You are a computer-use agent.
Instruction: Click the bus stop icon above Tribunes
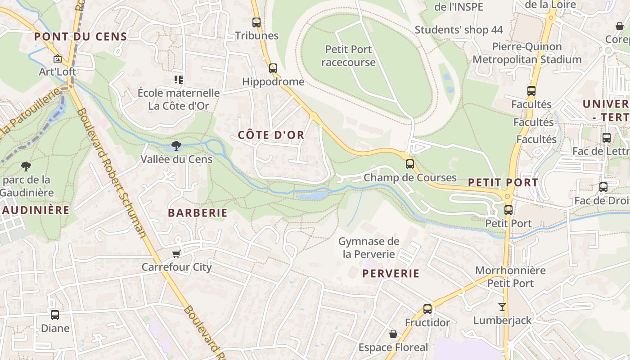[x=256, y=22]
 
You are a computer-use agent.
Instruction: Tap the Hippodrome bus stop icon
[x=273, y=68]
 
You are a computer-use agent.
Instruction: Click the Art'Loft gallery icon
[x=58, y=58]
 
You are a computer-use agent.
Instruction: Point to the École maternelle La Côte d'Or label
[x=179, y=99]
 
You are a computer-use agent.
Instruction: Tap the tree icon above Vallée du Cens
[x=176, y=145]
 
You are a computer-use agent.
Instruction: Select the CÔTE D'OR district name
[x=271, y=135]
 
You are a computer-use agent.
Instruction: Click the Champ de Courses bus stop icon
[x=409, y=164]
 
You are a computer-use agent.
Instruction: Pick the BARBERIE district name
[x=198, y=213]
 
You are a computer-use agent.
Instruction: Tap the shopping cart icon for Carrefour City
[x=176, y=254]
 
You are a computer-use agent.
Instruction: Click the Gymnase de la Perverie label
[x=369, y=247]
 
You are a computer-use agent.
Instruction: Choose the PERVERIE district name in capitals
[x=391, y=274]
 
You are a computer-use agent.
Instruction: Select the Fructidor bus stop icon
[x=427, y=309]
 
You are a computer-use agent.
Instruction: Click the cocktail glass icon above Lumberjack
[x=502, y=307]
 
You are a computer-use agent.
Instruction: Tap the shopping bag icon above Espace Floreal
[x=393, y=334]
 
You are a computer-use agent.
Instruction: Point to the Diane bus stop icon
[x=55, y=315]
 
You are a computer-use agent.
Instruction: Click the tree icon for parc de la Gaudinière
[x=26, y=166]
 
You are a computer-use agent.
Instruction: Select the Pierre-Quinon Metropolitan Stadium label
[x=527, y=53]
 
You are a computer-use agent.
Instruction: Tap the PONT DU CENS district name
[x=81, y=37]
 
